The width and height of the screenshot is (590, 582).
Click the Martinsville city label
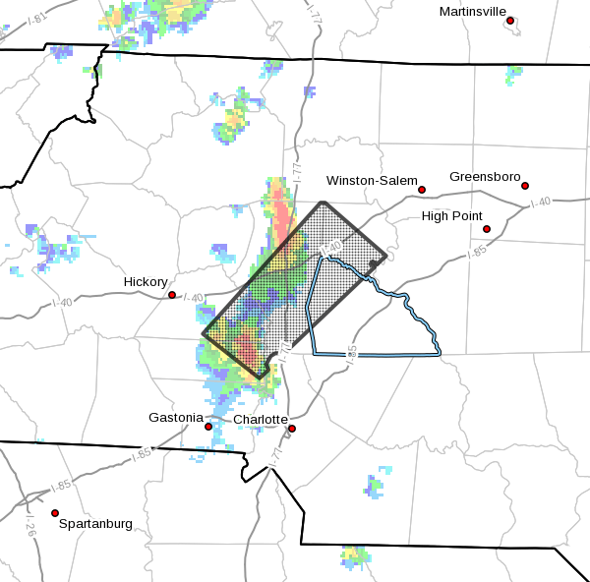(x=472, y=11)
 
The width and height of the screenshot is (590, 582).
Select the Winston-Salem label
(x=368, y=180)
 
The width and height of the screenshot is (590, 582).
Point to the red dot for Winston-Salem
(x=422, y=190)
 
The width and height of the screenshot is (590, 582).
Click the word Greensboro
(x=484, y=177)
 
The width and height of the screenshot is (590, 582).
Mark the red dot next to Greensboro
(x=525, y=186)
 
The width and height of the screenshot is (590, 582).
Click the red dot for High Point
(x=487, y=229)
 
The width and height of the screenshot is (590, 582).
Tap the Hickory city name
(x=145, y=282)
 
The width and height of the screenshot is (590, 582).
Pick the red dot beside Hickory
(x=172, y=295)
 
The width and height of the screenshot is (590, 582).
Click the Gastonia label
(x=176, y=418)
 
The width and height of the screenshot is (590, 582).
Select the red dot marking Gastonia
(x=208, y=427)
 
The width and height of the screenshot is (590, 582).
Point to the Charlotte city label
(x=260, y=420)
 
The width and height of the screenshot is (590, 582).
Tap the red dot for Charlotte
(x=292, y=429)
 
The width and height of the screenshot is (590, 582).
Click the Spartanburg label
(x=95, y=524)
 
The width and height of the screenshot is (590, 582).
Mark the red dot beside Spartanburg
(x=55, y=513)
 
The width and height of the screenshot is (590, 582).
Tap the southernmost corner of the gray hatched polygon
(x=260, y=377)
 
